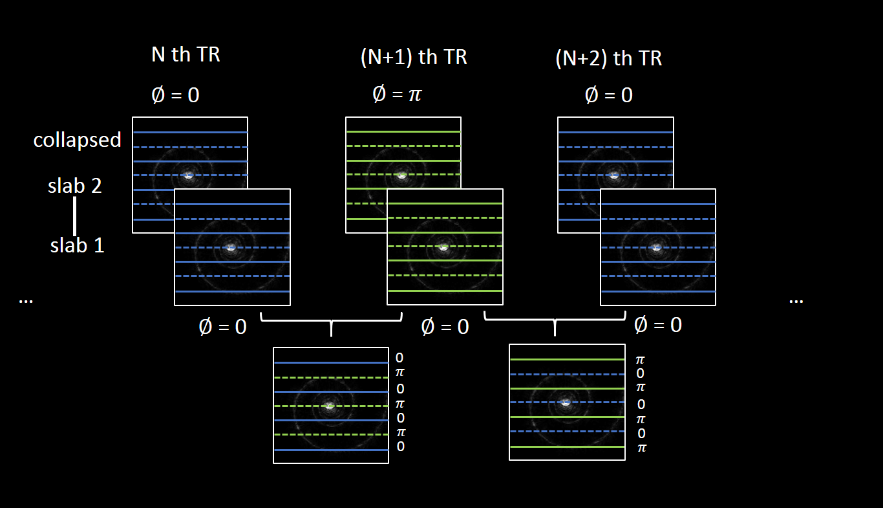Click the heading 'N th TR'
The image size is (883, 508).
click(x=186, y=55)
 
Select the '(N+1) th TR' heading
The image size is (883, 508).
click(x=414, y=58)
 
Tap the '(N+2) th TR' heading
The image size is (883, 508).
click(x=609, y=59)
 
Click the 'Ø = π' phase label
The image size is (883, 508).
click(x=397, y=94)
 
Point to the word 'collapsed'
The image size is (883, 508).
click(x=78, y=140)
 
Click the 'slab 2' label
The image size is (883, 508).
click(x=75, y=186)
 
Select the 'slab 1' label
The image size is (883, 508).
click(x=78, y=246)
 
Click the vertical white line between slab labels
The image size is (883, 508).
click(x=75, y=216)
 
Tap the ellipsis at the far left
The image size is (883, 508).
click(x=26, y=300)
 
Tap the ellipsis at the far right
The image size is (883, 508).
click(x=796, y=300)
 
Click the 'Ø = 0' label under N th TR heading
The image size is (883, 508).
click(x=175, y=95)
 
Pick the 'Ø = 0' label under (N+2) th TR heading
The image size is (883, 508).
click(x=608, y=95)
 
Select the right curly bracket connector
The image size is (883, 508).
click(x=555, y=322)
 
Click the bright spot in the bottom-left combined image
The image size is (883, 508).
click(x=330, y=405)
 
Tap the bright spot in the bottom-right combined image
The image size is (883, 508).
click(x=566, y=402)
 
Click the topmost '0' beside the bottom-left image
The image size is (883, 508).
click(x=399, y=357)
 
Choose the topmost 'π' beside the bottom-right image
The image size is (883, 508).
click(x=641, y=359)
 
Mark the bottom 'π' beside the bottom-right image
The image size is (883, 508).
click(x=641, y=448)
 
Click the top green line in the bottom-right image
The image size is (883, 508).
click(x=567, y=359)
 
